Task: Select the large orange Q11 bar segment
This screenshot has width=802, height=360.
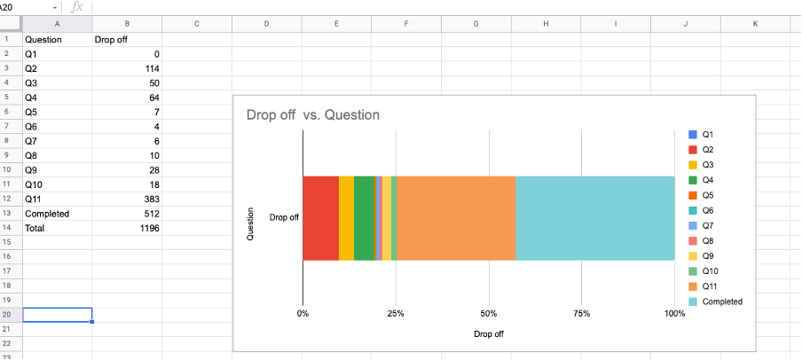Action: (456, 218)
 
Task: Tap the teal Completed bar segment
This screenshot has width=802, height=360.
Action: (594, 218)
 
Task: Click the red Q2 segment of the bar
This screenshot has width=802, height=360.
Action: (320, 218)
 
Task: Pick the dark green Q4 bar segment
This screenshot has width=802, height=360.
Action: (364, 218)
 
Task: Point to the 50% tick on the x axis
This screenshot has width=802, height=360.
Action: (488, 314)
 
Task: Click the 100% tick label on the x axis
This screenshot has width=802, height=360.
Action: (674, 314)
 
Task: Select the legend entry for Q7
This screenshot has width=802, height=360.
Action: (707, 225)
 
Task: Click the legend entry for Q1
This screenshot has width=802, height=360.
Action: (707, 134)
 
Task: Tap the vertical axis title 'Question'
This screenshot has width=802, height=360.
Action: (250, 224)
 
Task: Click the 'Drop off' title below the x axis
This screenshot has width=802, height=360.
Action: (489, 334)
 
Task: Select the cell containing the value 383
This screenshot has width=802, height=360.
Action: (126, 199)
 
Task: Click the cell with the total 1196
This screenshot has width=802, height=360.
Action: (126, 228)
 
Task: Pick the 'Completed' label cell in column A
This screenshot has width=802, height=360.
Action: (57, 214)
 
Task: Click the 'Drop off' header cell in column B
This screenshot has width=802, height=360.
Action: (126, 40)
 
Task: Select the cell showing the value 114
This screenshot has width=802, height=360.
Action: (126, 68)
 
